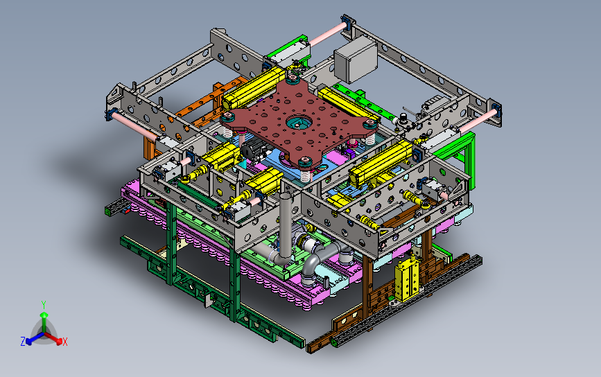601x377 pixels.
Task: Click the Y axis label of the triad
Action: [x=44, y=305]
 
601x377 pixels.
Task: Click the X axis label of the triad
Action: [x=64, y=342]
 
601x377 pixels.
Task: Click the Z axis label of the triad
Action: [x=23, y=341]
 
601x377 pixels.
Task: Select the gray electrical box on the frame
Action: [x=356, y=60]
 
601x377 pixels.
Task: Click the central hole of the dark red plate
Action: [x=299, y=122]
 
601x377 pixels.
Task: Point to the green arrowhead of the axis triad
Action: [x=44, y=315]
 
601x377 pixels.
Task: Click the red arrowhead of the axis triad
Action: [x=59, y=340]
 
